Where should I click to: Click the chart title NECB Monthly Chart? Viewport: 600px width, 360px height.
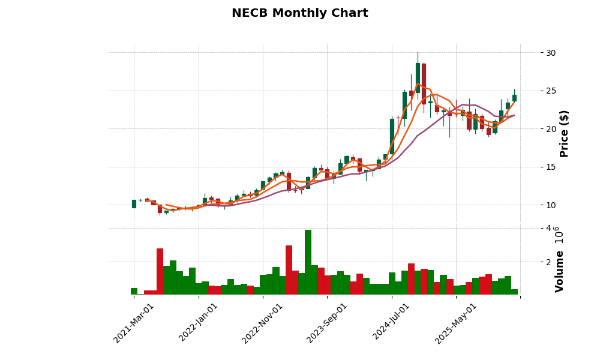(x=299, y=13)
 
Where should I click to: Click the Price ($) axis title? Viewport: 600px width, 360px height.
(x=564, y=133)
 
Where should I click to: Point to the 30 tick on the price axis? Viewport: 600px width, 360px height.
(x=550, y=53)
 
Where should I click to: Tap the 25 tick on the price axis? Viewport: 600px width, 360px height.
(x=550, y=91)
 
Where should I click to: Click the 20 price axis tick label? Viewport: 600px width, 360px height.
(x=550, y=129)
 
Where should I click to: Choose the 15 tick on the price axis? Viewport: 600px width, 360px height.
(x=550, y=167)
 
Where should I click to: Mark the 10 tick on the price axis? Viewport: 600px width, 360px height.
(x=550, y=205)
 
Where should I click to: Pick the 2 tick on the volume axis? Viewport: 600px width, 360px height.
(x=547, y=262)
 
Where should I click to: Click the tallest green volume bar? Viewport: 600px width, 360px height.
(x=308, y=262)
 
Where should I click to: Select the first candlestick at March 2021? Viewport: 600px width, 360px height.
(x=134, y=204)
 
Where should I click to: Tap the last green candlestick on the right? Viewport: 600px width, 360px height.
(x=514, y=98)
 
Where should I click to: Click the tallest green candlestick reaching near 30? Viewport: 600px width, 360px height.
(x=418, y=78)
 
